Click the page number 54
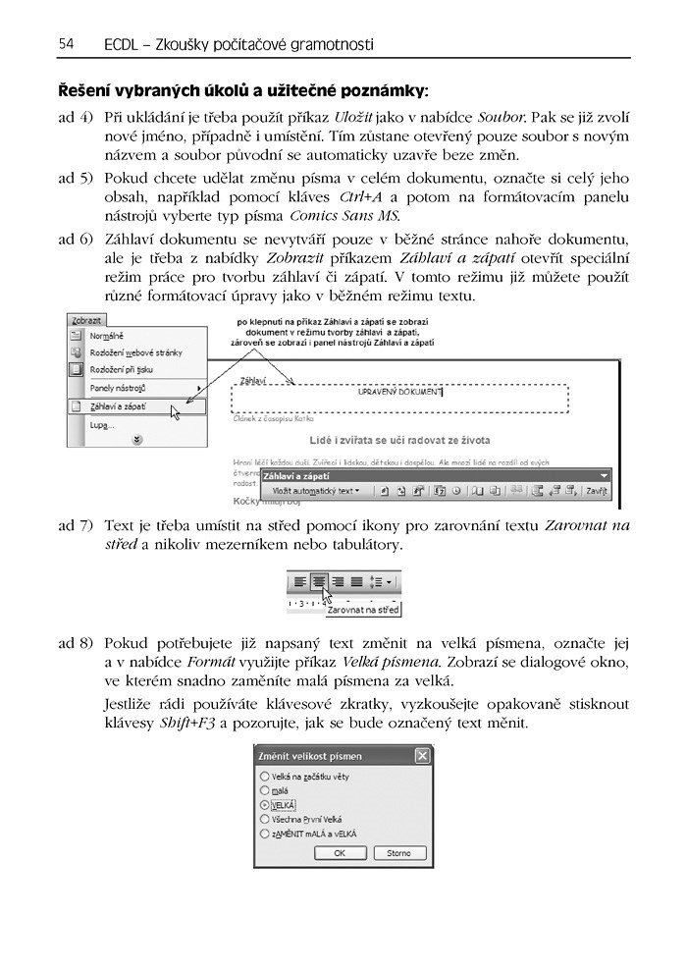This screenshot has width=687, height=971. (x=67, y=44)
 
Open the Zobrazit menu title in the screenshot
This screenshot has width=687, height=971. (x=86, y=320)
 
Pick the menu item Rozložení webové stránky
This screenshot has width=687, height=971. (x=135, y=351)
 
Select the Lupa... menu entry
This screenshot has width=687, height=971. (x=102, y=425)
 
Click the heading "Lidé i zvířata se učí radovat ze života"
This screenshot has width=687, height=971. (x=398, y=441)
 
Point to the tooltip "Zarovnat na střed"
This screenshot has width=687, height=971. (x=363, y=610)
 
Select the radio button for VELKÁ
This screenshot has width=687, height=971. (x=265, y=804)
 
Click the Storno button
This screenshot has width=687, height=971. (x=398, y=853)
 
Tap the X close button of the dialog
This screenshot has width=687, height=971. (x=422, y=756)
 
